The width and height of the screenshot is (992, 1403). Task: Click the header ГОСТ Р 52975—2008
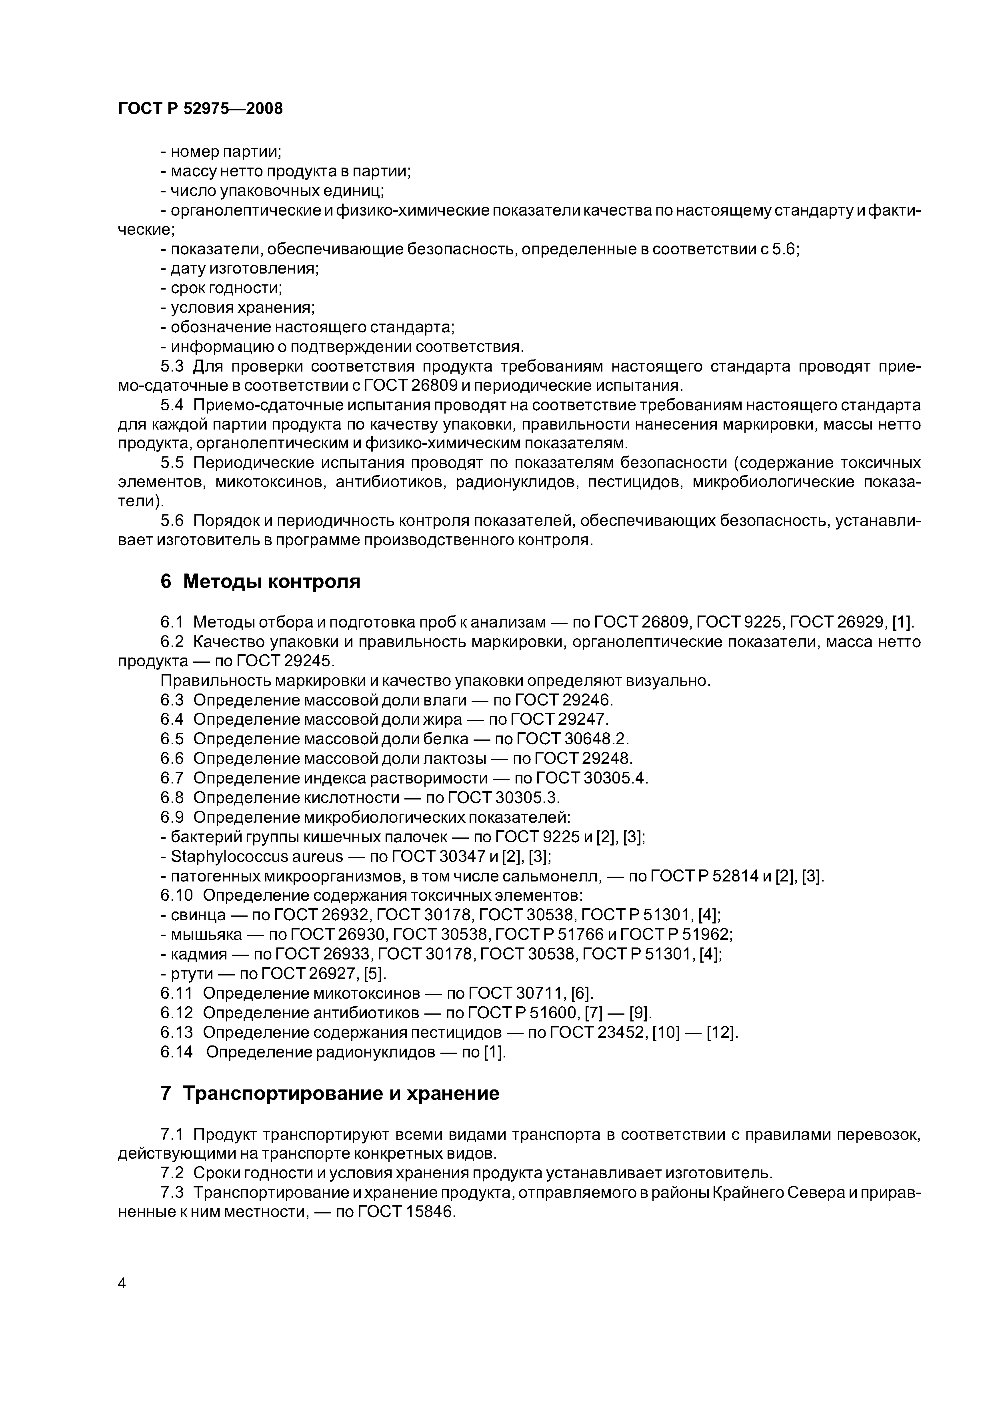pyautogui.click(x=200, y=109)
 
